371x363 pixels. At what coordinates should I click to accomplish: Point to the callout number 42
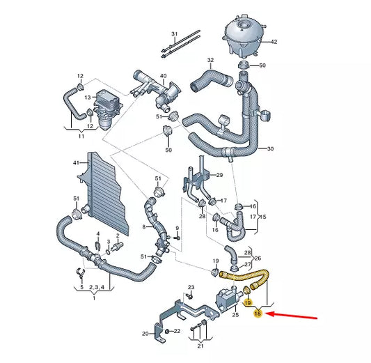tap(274, 42)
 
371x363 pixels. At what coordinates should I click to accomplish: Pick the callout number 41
tap(77, 162)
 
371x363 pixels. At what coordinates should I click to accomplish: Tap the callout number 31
tap(175, 33)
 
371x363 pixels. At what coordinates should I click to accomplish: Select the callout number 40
tap(163, 75)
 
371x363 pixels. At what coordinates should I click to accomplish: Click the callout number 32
tap(210, 60)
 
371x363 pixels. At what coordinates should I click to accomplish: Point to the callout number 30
tap(270, 148)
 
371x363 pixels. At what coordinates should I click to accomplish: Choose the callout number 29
tap(219, 175)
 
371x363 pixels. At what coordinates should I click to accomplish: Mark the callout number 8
tap(144, 226)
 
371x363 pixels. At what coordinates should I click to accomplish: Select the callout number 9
tap(177, 229)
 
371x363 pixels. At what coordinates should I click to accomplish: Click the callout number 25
tap(235, 296)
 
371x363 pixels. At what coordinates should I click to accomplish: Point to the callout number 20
tap(145, 333)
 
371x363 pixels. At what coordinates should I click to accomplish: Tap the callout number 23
tap(191, 287)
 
